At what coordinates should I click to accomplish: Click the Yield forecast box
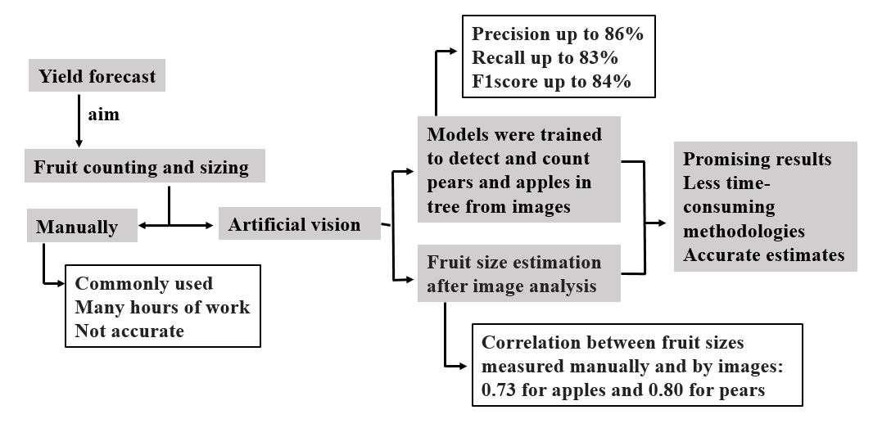pos(97,77)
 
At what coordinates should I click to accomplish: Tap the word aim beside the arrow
pos(103,115)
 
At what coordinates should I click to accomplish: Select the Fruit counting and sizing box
pos(141,168)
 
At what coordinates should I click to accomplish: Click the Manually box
pos(77,227)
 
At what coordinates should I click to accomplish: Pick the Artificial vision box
pos(294,224)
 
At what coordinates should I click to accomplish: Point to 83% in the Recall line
pos(599,58)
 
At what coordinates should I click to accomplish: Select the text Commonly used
pos(143,284)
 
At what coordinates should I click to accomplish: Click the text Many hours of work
pos(161,307)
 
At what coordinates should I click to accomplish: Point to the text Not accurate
pos(129,331)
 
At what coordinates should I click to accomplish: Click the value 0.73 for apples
pos(500,390)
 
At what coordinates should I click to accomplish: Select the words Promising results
pos(757,159)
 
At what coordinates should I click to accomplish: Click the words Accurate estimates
pos(763,255)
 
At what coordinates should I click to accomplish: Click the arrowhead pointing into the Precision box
pos(458,51)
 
